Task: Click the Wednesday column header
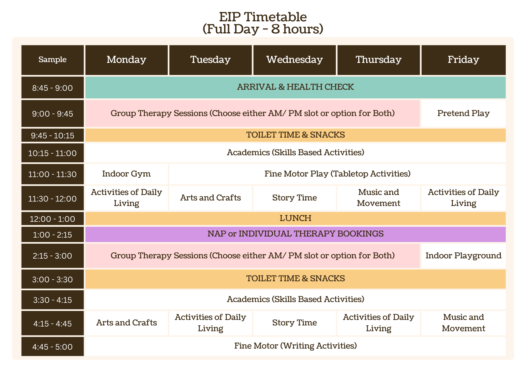tap(295, 60)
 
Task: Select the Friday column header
tap(463, 60)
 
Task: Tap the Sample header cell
tap(53, 60)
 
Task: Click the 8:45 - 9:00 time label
tap(53, 88)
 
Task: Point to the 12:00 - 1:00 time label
tap(53, 219)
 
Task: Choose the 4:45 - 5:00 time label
tap(53, 347)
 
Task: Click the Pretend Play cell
tap(463, 113)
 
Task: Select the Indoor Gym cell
tap(127, 174)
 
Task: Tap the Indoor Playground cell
tap(463, 256)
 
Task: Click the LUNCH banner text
tap(296, 218)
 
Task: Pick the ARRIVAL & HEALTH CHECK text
tap(296, 87)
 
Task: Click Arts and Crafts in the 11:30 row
tap(210, 198)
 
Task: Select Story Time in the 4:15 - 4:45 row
tap(295, 323)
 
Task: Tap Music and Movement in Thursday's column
tap(379, 198)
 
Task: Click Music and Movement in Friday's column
tap(463, 323)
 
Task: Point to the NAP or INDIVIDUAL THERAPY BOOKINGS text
tap(296, 234)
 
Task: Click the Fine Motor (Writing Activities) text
tap(296, 346)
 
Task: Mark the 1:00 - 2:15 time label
tap(53, 234)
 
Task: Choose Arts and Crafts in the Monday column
tap(127, 323)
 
